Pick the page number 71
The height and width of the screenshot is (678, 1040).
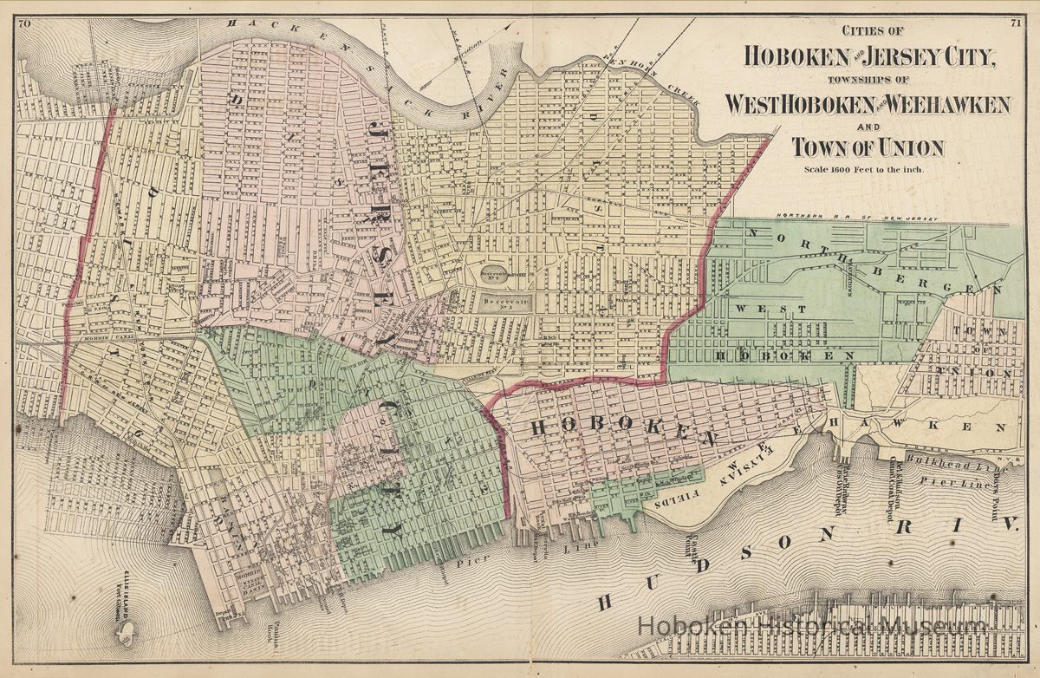tap(1015, 23)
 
